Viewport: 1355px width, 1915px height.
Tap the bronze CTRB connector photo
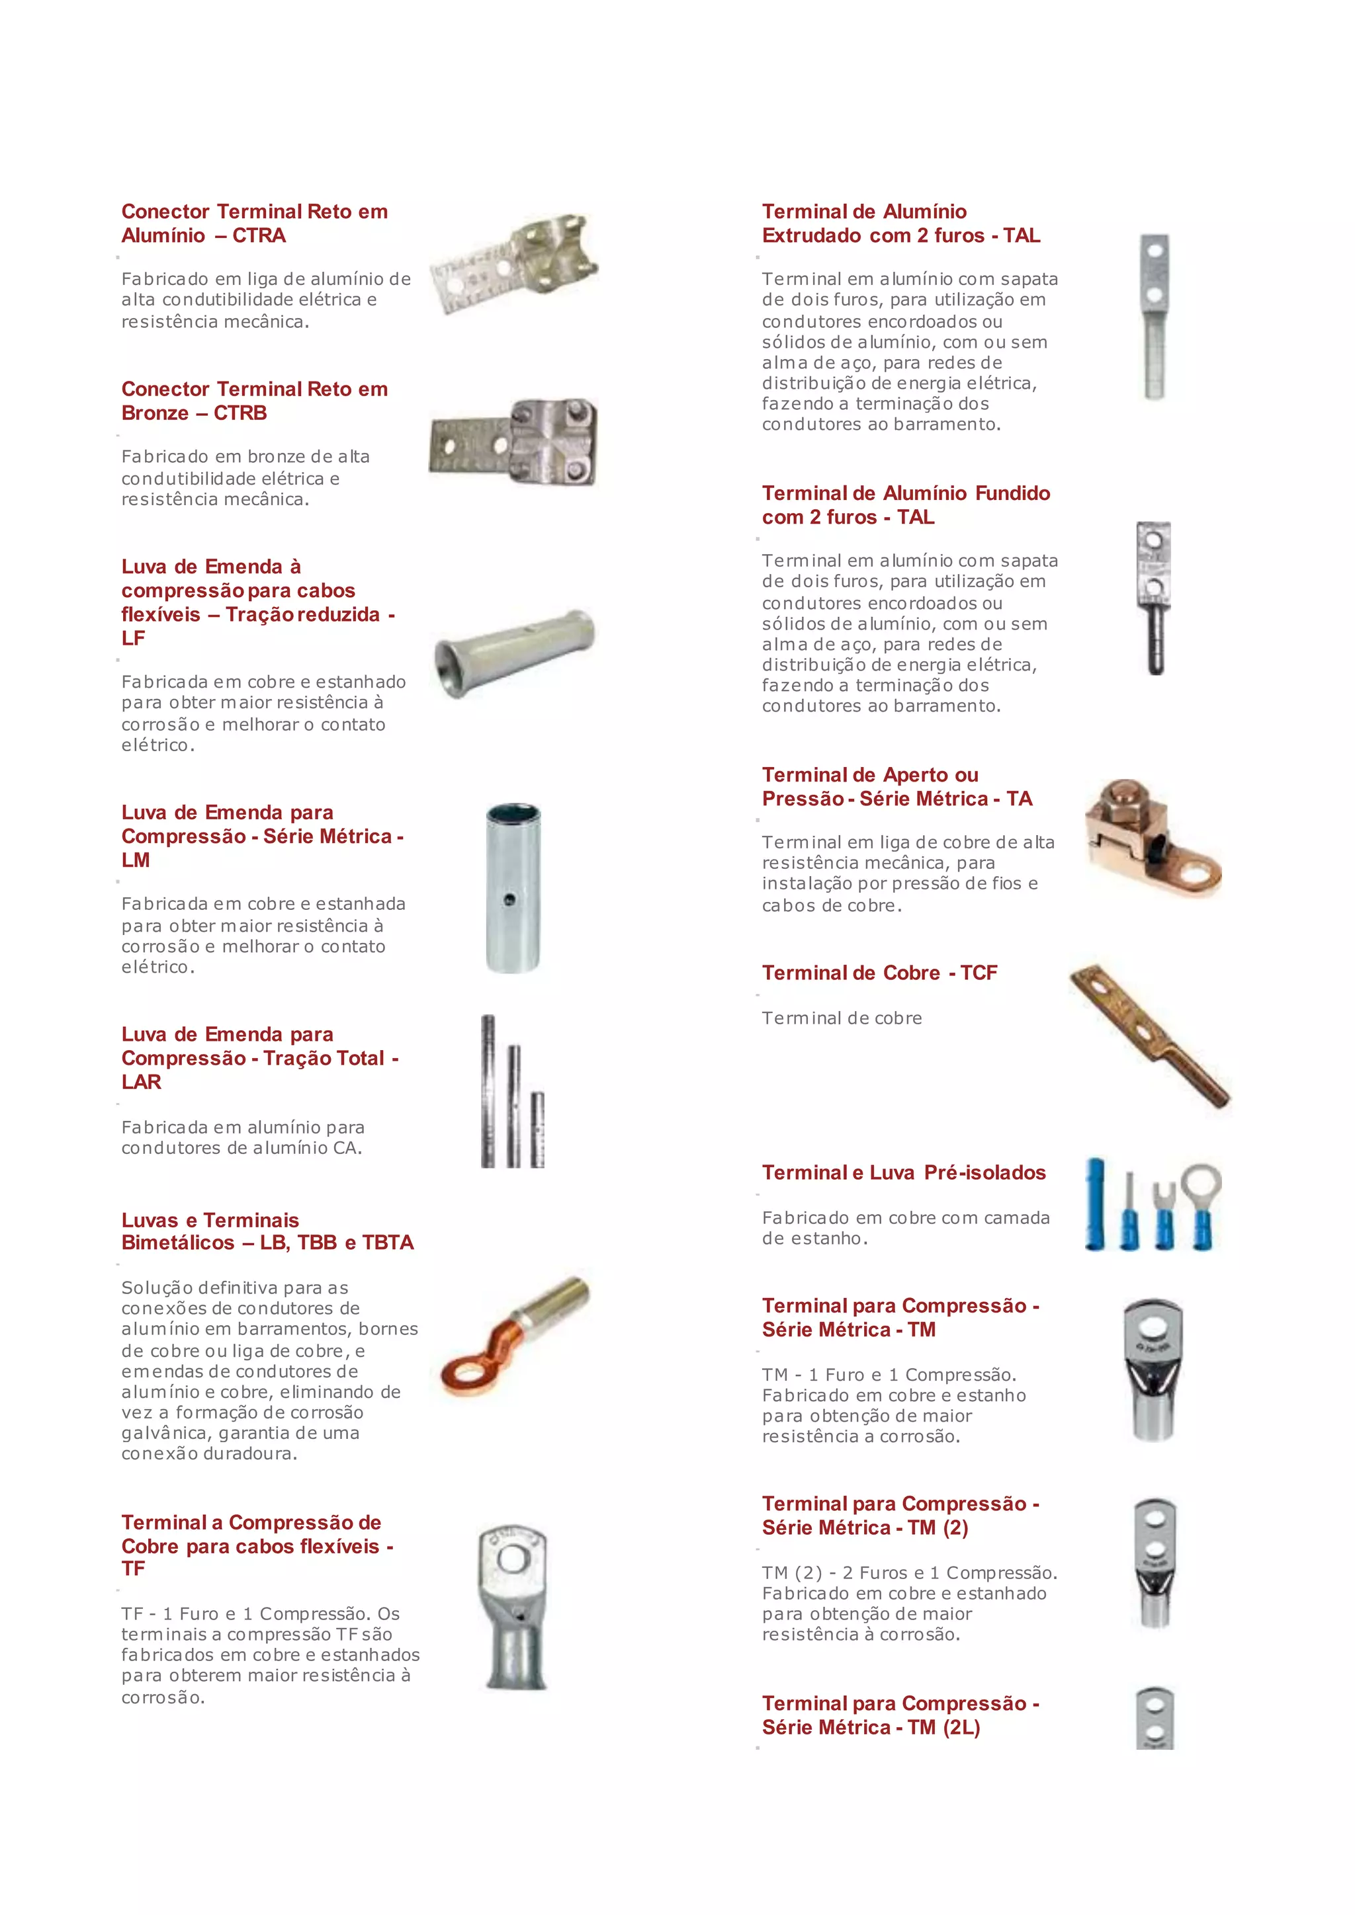515,443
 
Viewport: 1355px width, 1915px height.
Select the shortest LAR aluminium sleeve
537,1129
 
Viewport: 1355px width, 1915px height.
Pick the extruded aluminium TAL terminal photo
1154,316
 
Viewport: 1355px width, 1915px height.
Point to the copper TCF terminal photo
1149,1036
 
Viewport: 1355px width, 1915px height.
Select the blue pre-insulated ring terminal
1202,1205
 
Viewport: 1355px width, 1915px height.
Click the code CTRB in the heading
240,413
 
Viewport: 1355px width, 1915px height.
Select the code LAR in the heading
141,1082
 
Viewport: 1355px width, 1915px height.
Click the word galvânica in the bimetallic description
165,1434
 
